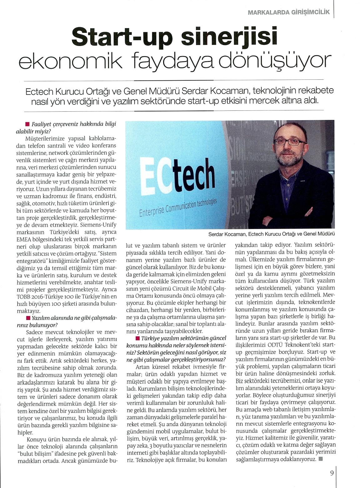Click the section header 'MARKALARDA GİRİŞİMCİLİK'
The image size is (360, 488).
[x=289, y=13]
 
